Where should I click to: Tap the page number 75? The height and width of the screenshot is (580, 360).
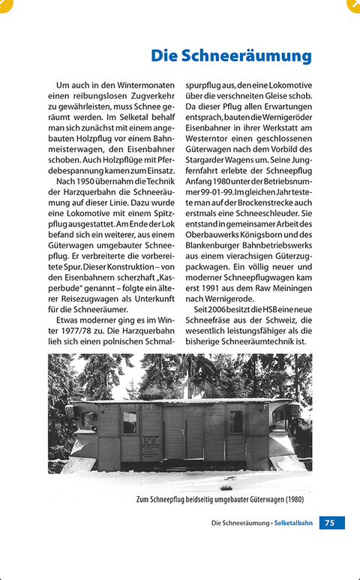coord(331,522)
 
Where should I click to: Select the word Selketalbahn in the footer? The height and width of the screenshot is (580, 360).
coord(294,522)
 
